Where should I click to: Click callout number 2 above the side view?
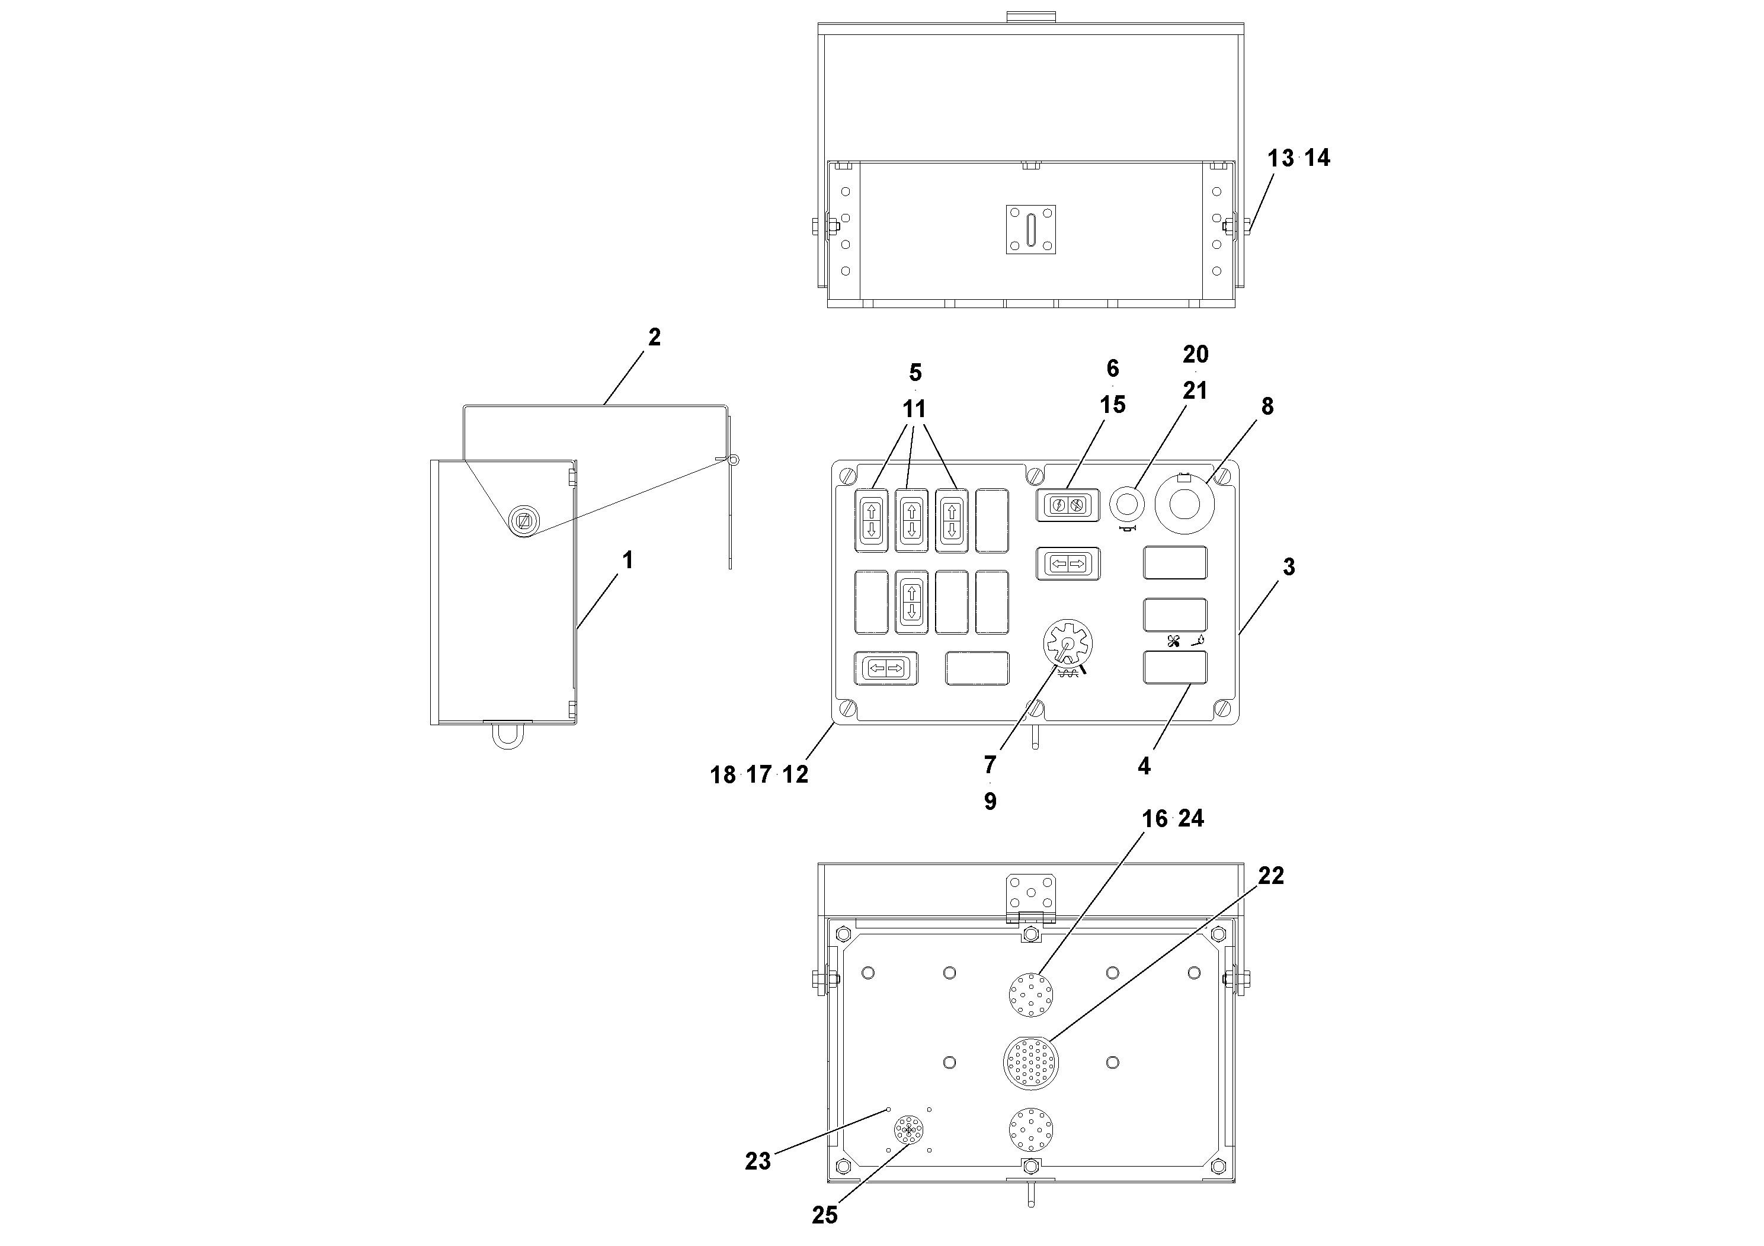[x=654, y=337]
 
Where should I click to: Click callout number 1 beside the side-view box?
[x=628, y=560]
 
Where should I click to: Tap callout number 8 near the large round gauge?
[x=1267, y=406]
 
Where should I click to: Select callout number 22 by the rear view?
[x=1271, y=875]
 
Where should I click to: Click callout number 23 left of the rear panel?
[x=757, y=1161]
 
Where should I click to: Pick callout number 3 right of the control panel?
[x=1288, y=567]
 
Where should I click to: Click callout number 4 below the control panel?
[x=1144, y=766]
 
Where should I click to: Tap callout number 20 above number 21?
[x=1196, y=354]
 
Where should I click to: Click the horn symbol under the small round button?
[x=1128, y=528]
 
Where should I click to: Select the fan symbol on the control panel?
[x=1173, y=642]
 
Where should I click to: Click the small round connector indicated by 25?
[x=909, y=1130]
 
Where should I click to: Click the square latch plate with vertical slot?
[x=1030, y=229]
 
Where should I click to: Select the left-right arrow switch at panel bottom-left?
[x=885, y=668]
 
